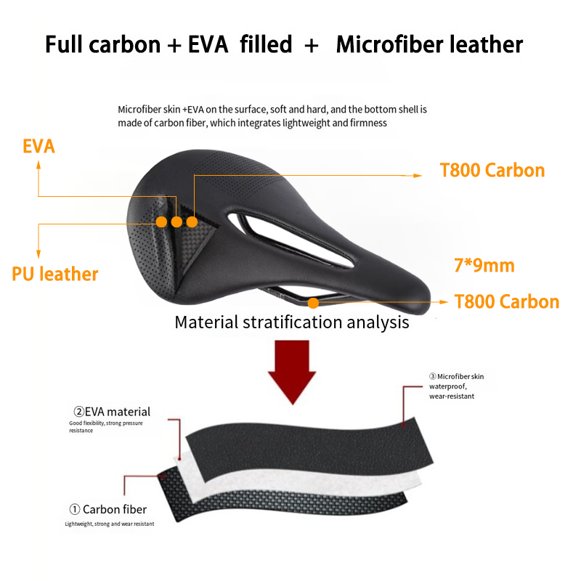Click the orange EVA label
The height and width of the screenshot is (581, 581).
[x=38, y=146]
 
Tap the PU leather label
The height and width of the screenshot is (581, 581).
[x=55, y=275]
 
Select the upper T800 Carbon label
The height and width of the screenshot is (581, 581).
[x=492, y=171]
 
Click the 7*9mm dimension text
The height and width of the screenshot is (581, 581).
[x=484, y=266]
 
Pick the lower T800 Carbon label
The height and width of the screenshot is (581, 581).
[x=507, y=301]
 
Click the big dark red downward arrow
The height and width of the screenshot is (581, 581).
[x=293, y=373]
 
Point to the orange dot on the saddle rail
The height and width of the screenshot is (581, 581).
[x=313, y=303]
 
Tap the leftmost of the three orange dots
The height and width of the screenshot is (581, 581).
[x=161, y=222]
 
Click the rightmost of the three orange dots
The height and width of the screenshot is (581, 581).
[x=192, y=222]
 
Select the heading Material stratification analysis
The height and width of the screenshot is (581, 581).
[x=292, y=322]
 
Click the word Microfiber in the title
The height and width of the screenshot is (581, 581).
[x=389, y=44]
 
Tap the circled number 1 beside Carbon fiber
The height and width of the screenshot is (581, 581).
[x=75, y=509]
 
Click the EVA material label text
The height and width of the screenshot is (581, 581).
[x=112, y=412]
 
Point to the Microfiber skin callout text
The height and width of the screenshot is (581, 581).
[x=457, y=386]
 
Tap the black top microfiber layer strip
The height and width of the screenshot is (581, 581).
[x=309, y=447]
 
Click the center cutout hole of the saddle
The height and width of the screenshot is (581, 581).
[x=289, y=239]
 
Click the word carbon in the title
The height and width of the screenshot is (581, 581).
[x=125, y=44]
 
